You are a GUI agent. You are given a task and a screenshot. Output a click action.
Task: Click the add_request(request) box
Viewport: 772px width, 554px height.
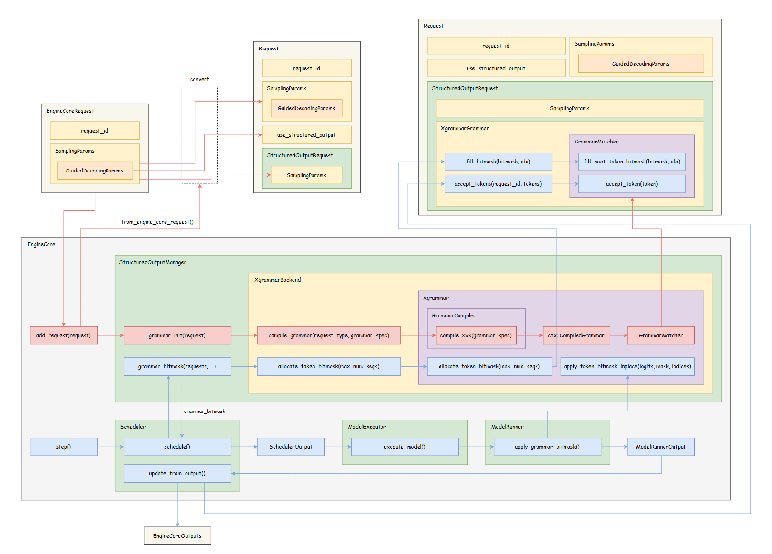coord(63,335)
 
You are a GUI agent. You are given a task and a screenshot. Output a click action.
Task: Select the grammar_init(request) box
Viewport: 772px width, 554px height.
coord(177,335)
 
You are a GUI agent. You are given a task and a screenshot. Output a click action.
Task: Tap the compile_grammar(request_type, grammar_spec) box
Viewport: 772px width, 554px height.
coord(329,335)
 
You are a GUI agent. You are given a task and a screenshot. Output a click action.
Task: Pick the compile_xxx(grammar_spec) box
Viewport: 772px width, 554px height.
coord(476,335)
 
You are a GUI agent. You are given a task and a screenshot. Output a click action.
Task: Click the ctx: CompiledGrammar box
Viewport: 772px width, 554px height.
coord(576,335)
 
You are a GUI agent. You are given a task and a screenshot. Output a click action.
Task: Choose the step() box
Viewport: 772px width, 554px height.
coord(63,447)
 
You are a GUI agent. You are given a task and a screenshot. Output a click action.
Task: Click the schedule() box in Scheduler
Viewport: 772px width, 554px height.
coord(177,447)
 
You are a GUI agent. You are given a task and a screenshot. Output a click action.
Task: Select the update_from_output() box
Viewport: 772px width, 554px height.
coord(177,473)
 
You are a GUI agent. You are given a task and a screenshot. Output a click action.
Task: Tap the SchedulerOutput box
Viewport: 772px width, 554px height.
coord(291,447)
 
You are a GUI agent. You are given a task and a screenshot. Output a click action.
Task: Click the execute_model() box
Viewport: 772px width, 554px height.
coord(404,447)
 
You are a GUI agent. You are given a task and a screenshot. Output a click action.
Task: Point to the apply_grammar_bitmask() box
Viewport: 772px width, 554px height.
coord(547,447)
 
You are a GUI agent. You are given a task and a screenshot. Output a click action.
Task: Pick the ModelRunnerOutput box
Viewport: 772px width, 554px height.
coord(661,447)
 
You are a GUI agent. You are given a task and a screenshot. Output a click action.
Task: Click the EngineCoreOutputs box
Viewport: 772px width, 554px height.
coord(177,536)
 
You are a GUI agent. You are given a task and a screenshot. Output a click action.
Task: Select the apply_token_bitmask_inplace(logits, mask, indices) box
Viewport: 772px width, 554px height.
coord(627,366)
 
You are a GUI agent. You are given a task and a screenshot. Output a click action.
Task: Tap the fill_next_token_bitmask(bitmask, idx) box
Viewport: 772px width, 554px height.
coord(632,162)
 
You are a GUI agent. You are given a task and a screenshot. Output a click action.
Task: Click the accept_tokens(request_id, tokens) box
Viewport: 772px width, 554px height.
coord(498,184)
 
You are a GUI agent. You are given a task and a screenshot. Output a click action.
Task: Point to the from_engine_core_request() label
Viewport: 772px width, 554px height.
coord(157,222)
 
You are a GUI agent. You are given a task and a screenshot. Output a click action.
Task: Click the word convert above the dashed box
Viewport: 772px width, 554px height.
coord(199,79)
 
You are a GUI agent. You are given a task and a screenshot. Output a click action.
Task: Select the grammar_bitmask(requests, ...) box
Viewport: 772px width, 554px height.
coord(177,366)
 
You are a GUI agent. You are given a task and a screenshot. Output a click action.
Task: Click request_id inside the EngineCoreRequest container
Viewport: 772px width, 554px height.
coord(95,131)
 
